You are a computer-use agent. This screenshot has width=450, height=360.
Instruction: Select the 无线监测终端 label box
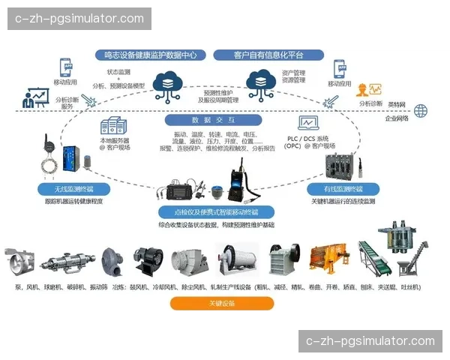73,189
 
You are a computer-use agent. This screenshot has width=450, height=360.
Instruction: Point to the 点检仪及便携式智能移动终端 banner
215,212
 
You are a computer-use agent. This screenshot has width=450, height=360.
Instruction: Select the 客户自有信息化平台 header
268,55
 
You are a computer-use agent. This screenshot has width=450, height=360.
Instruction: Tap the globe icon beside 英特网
420,111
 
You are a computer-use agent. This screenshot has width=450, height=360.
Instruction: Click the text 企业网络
397,118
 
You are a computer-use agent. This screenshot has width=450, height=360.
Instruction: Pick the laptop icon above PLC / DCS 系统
307,123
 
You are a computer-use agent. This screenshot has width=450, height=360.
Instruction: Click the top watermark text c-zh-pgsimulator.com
79,19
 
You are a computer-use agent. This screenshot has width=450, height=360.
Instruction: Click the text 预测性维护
217,91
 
